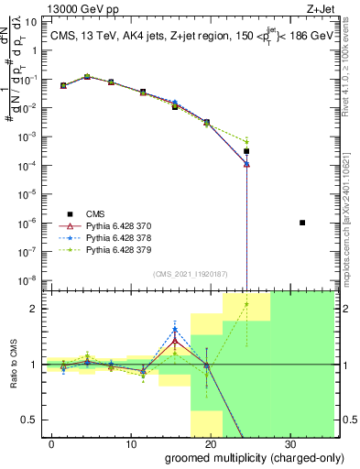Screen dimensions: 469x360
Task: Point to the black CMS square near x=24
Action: [246, 151]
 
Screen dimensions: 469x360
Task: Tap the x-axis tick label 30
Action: [289, 445]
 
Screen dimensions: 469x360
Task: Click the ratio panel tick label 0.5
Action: [28, 420]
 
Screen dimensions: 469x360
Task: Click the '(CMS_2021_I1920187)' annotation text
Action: [191, 273]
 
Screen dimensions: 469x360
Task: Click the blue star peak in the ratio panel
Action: [175, 329]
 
